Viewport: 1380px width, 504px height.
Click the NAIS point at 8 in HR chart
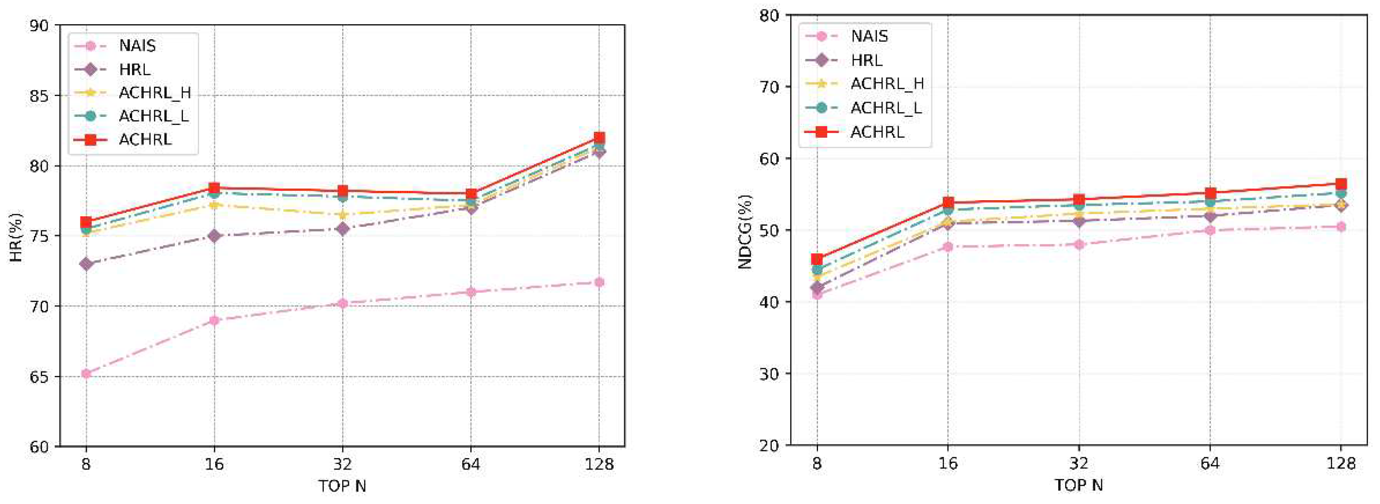click(x=86, y=374)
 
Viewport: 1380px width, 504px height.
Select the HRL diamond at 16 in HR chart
click(x=214, y=236)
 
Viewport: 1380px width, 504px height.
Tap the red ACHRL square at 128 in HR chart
click(x=599, y=138)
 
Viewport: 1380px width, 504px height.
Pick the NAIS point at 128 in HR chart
click(x=599, y=282)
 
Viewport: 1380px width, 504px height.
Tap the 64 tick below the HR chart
click(x=470, y=464)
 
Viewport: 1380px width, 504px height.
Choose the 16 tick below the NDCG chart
click(x=948, y=463)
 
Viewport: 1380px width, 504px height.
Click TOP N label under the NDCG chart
click(x=1078, y=486)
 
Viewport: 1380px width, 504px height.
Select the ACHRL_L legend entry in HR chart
click(x=153, y=116)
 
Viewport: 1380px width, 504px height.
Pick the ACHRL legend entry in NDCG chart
click(x=877, y=132)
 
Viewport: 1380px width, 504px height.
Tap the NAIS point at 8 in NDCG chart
click(x=817, y=294)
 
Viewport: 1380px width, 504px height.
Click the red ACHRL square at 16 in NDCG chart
click(x=948, y=203)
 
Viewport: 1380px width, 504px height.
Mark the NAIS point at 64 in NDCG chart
click(x=1210, y=231)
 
